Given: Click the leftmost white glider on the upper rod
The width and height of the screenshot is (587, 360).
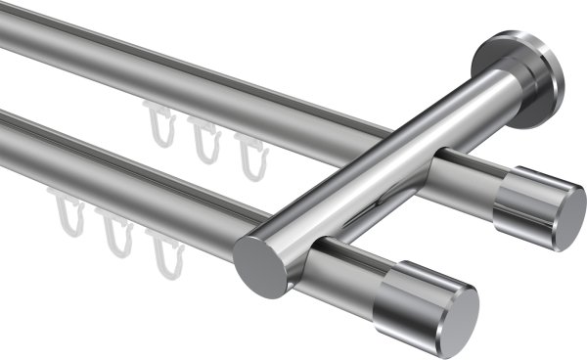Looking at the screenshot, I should point(158,122).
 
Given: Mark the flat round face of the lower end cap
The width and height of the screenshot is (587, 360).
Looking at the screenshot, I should point(454,319).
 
